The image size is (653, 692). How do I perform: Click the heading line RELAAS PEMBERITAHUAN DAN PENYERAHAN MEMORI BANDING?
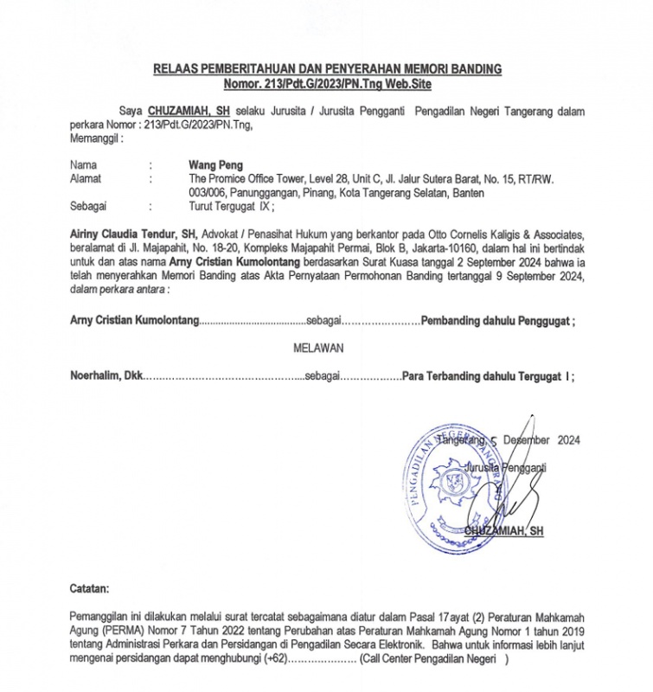pos(326,68)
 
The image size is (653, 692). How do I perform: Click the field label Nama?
pos(83,163)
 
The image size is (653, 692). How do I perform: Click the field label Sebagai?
pos(87,208)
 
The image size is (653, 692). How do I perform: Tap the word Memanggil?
pos(94,138)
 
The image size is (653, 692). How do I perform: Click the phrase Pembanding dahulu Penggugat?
pos(496,321)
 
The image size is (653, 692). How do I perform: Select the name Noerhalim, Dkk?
pos(105,377)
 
